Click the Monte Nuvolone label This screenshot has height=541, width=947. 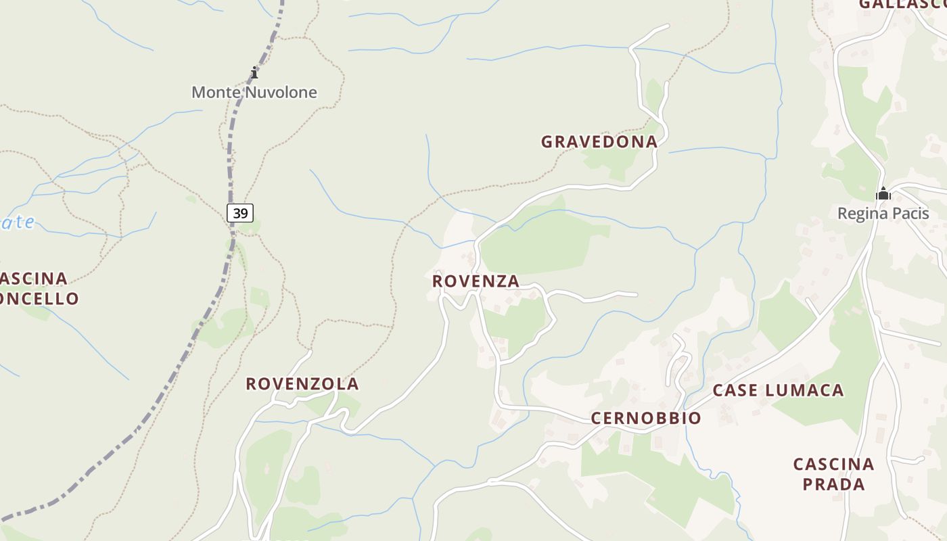(254, 92)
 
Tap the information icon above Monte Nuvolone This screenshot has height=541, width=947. (254, 72)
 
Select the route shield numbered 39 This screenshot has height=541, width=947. (240, 214)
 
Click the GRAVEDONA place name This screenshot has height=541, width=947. (599, 141)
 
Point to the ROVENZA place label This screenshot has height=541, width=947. (476, 281)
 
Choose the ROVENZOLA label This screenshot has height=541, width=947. (302, 383)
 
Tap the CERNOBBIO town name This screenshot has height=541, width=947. (646, 418)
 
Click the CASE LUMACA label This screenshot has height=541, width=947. (778, 390)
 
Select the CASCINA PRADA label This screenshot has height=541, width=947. (833, 473)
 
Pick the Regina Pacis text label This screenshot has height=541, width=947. (883, 214)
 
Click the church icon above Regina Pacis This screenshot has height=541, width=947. (883, 195)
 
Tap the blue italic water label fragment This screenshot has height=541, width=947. (16, 222)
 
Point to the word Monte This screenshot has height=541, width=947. (212, 92)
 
